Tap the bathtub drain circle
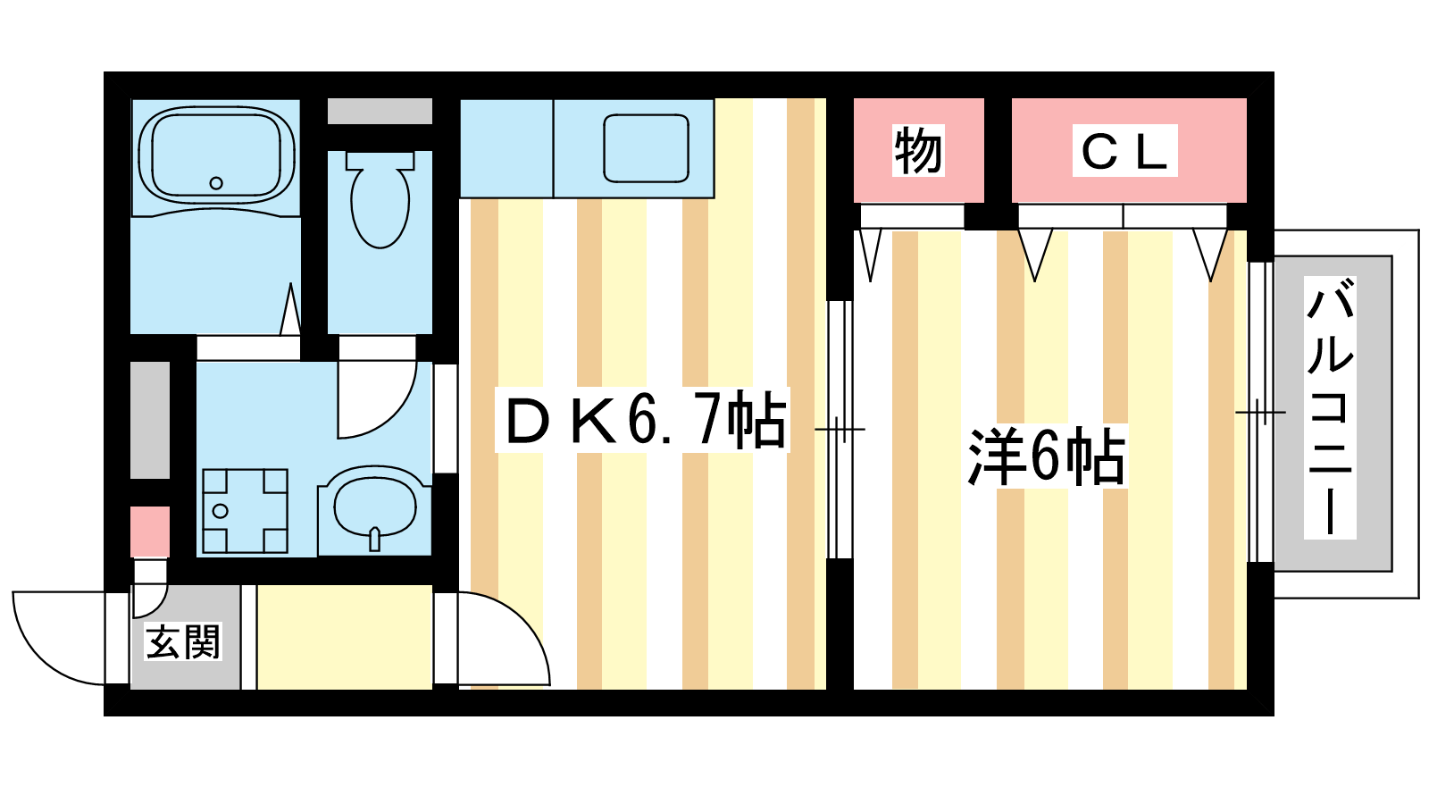coord(216,183)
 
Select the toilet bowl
coord(380,199)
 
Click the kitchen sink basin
coord(647,148)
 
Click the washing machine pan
coord(245,511)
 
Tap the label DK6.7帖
coord(643,419)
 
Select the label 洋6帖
coord(1046,456)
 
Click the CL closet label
coord(1124,151)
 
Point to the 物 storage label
coord(918,151)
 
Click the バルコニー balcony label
coord(1330,407)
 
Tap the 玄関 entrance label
coord(183,641)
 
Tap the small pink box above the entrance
coord(151,532)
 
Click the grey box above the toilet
coord(380,111)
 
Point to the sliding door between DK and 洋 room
coord(840,430)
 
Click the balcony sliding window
coord(1260,412)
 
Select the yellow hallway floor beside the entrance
coord(345,637)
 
